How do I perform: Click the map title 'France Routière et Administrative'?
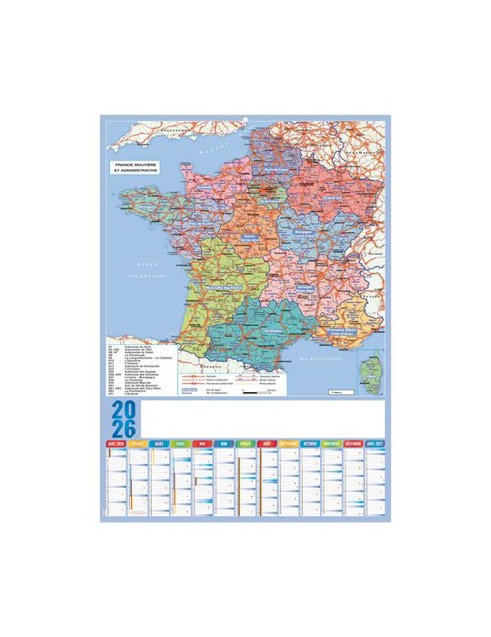pos(135,168)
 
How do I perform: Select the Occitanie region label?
pos(269,334)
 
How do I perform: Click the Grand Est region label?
pos(332,195)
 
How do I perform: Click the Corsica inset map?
pos(371,374)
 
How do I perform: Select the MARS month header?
pos(159,443)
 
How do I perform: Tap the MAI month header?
pos(203,443)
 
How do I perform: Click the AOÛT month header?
pos(267,443)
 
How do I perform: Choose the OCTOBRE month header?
pos(311,443)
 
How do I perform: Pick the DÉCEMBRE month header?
pos(354,443)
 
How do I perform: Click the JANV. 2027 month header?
pos(376,443)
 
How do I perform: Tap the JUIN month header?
pos(225,443)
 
